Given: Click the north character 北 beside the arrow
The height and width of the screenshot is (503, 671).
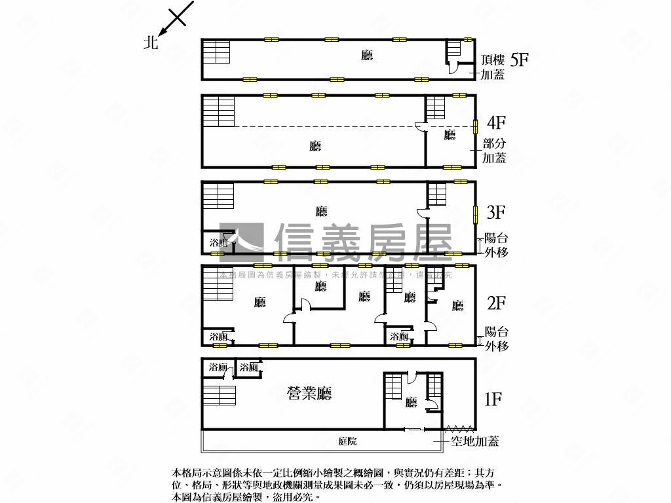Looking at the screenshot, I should click(151, 43).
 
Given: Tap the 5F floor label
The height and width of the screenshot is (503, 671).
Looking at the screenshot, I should click(519, 60).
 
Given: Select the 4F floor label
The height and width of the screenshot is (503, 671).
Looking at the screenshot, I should click(497, 122).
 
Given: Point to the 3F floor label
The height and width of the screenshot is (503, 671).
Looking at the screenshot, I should click(496, 212).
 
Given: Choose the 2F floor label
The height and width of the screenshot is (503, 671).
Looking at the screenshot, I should click(496, 303).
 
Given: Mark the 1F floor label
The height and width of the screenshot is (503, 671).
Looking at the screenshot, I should click(493, 398).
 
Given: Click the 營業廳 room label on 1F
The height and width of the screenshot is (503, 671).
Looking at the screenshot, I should click(309, 393).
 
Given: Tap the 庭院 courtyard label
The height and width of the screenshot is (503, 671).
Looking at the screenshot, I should click(348, 441).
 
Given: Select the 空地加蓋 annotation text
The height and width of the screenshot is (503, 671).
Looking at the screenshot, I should click(475, 441).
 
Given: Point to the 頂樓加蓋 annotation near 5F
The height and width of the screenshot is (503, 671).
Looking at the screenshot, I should click(492, 67).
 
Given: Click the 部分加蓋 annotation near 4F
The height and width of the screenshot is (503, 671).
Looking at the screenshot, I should click(495, 151).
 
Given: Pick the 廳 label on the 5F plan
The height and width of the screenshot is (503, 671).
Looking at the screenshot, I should click(367, 56).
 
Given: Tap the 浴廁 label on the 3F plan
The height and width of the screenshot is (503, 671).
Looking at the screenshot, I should click(218, 244).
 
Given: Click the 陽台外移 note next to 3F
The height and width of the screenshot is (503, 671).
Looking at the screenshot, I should click(496, 245).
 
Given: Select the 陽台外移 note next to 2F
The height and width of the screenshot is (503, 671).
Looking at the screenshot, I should click(496, 339).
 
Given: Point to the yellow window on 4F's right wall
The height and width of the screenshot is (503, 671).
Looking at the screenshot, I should click(476, 123).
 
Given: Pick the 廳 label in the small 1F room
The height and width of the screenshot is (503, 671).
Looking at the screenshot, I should click(411, 402).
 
